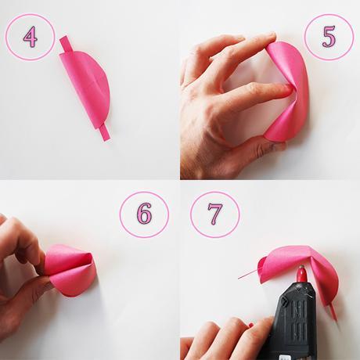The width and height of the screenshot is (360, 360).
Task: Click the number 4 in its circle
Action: (x=31, y=37)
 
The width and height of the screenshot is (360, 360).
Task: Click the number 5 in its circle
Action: (x=329, y=37)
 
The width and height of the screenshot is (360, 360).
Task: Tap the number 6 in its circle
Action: (x=144, y=214)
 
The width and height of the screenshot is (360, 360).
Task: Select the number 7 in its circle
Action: (x=215, y=214)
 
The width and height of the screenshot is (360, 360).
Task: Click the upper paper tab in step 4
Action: (x=65, y=45)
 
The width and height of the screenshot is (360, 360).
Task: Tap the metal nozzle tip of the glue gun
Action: (x=301, y=268)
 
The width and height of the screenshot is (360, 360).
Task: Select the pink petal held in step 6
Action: (x=70, y=270)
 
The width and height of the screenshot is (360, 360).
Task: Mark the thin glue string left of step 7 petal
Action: (x=247, y=275)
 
